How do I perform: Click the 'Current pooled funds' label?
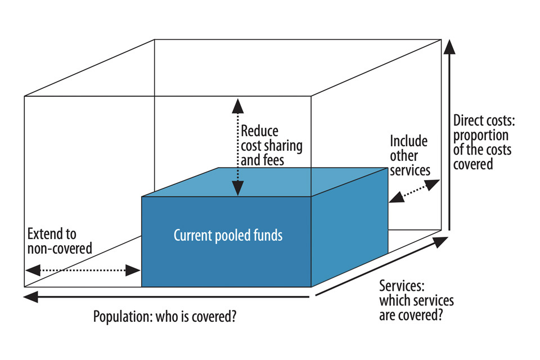228,235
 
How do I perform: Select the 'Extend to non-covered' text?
59,241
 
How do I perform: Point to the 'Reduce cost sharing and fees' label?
271,146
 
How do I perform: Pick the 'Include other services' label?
409,155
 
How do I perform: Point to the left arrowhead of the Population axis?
30,296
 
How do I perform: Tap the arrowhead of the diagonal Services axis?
441,242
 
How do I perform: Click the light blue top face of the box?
264,181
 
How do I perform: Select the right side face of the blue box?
349,231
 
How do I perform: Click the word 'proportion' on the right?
480,136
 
